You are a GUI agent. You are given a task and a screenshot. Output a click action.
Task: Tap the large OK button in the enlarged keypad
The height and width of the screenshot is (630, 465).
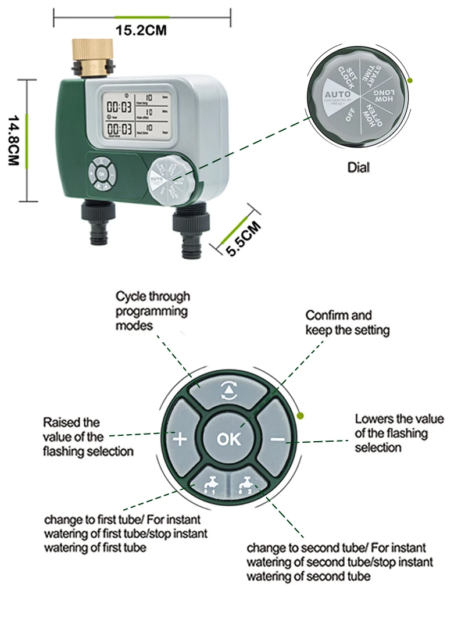228,439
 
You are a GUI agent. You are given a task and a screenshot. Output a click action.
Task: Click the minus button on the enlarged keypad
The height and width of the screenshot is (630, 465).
277,439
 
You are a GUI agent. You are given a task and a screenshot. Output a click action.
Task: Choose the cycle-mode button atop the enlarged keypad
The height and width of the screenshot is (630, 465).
228,392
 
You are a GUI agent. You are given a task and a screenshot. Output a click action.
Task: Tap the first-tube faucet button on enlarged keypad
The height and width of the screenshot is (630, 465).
207,481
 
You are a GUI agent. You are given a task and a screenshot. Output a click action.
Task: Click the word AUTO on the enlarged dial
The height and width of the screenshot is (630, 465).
337,94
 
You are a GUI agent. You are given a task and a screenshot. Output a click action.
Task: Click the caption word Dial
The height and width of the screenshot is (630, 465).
359,168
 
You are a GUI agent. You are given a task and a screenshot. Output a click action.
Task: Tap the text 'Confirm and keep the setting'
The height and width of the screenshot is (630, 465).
347,323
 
